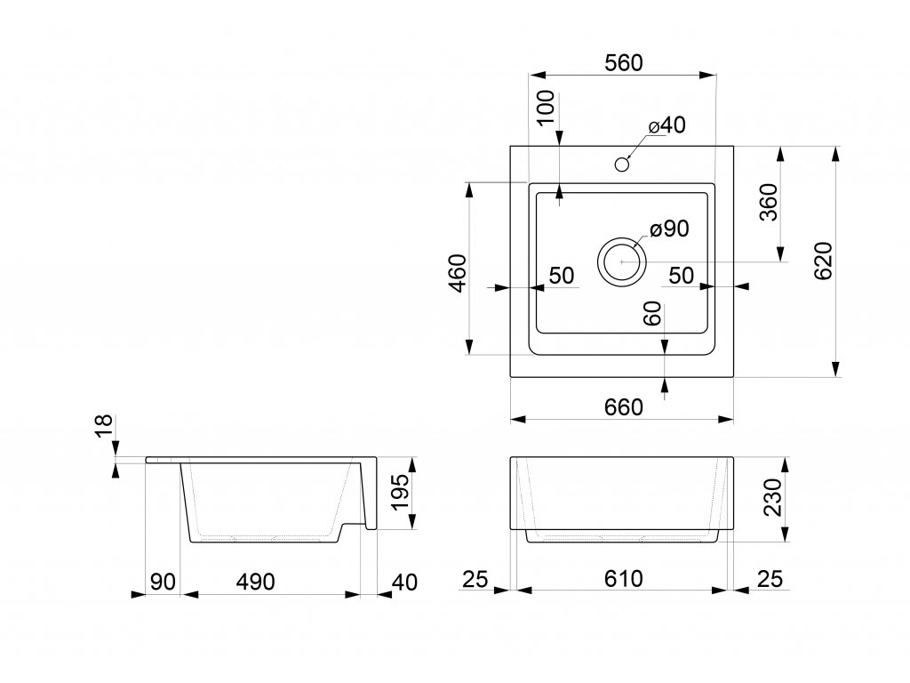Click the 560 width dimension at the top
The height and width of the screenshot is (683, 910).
click(x=623, y=63)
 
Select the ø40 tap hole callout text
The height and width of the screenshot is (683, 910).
click(x=667, y=125)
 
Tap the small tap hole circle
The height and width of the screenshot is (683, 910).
click(x=622, y=165)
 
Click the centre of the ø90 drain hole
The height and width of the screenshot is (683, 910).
click(x=621, y=261)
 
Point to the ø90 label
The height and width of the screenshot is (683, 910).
click(x=670, y=229)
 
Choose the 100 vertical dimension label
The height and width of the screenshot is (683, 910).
click(x=547, y=108)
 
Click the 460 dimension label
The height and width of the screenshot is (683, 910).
click(x=458, y=273)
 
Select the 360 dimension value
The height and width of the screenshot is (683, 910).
click(x=769, y=202)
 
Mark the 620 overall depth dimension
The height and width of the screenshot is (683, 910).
click(x=824, y=261)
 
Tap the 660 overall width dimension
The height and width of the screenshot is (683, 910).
click(x=623, y=407)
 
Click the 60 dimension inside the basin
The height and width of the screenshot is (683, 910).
click(x=653, y=313)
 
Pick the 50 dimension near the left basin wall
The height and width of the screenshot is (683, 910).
click(x=562, y=276)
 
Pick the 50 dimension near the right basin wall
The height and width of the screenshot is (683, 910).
click(x=682, y=276)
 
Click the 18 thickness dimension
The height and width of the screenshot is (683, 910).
click(x=104, y=426)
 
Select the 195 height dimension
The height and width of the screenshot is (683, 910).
click(x=401, y=493)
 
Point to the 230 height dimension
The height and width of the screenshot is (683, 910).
click(x=774, y=497)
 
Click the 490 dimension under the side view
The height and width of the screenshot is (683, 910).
click(x=255, y=582)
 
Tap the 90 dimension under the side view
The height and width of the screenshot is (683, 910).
click(x=163, y=582)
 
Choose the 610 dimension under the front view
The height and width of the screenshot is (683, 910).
click(x=623, y=578)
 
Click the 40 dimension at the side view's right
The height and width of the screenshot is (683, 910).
click(x=404, y=582)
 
